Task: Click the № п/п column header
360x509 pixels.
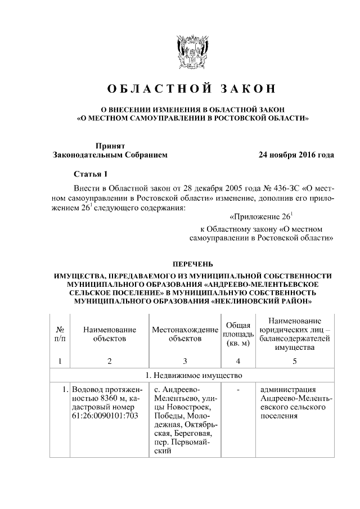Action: click(x=60, y=334)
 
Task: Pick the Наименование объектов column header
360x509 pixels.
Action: click(x=110, y=334)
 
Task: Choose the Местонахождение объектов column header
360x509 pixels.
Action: click(x=184, y=334)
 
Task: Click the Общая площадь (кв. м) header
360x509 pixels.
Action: click(x=238, y=334)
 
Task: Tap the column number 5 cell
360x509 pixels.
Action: click(x=294, y=361)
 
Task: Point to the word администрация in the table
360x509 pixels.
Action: click(x=288, y=389)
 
